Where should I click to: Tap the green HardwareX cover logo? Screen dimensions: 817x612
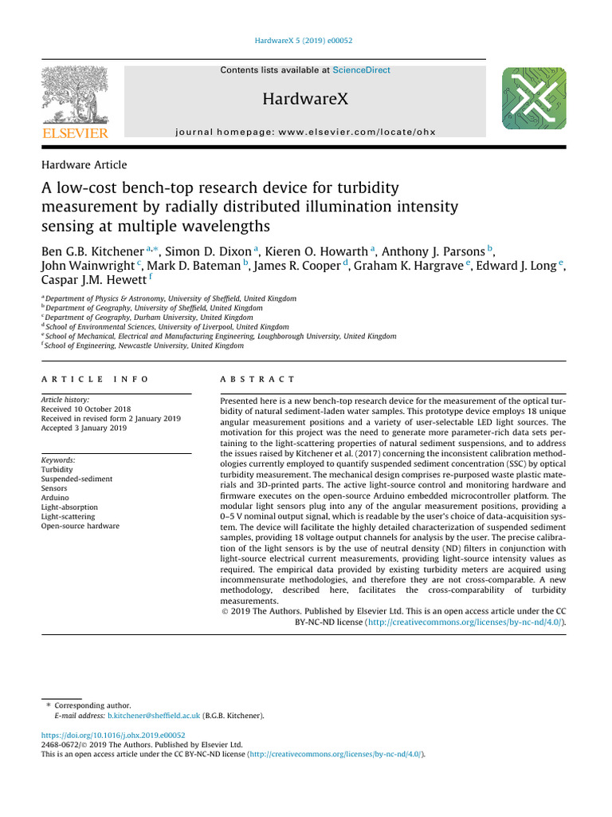tap(534, 99)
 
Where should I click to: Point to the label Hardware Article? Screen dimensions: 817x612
tap(83, 165)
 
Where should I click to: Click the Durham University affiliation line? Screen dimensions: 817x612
tap(149, 317)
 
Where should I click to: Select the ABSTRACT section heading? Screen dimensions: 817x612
tap(257, 379)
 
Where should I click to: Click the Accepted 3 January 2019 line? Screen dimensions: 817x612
tap(84, 428)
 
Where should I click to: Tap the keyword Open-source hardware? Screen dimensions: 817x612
tap(80, 526)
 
